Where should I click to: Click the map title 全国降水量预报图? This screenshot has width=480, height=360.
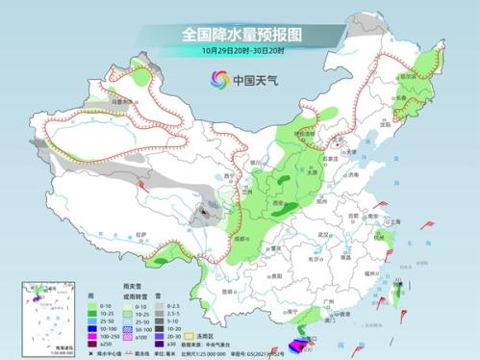(x=240, y=34)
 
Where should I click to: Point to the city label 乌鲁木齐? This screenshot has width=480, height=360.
(x=119, y=99)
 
